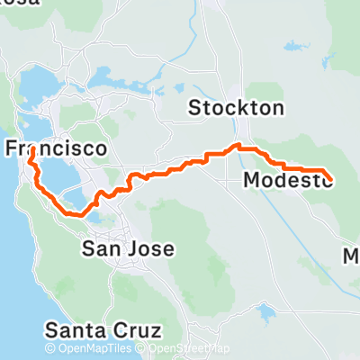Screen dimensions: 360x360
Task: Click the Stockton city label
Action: pos(236,109)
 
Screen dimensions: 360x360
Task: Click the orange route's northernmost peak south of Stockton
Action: pos(238,145)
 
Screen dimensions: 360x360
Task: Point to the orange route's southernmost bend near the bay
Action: pos(78,214)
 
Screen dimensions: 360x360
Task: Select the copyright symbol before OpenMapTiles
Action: pos(50,349)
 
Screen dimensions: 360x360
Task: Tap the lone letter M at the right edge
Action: pos(353,257)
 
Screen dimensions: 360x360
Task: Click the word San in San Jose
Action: pos(98,247)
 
